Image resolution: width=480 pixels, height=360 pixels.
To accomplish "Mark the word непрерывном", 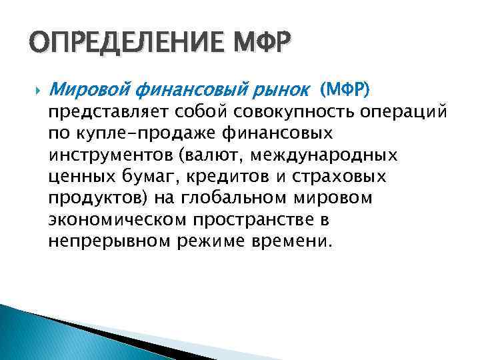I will pos(111,241).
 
